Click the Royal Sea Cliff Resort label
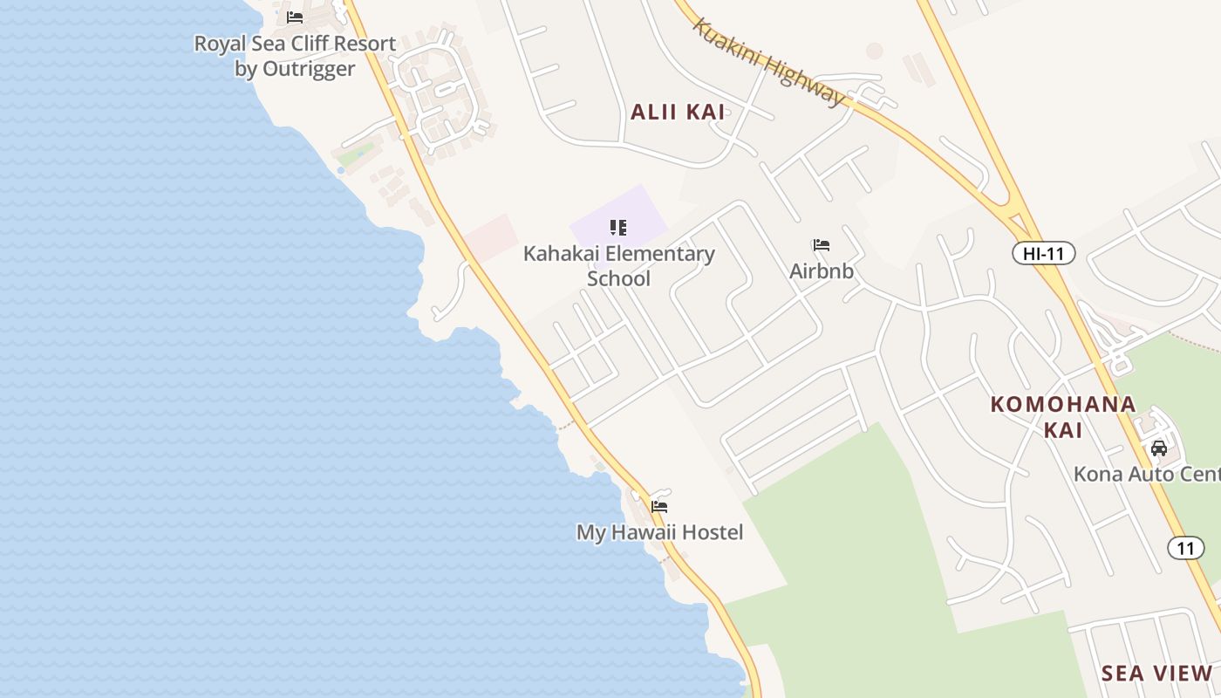tap(295, 44)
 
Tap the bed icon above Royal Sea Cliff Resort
tap(295, 17)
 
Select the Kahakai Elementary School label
tap(618, 266)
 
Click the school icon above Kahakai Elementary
tap(618, 229)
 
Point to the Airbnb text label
tap(821, 271)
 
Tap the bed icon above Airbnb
tap(821, 245)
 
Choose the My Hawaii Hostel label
tap(659, 532)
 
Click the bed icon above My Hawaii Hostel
tap(659, 506)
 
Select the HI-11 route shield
tap(1043, 254)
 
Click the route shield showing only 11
tap(1184, 548)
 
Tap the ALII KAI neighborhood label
tap(678, 112)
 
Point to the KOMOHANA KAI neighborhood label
tap(1062, 416)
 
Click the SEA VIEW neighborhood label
tap(1156, 674)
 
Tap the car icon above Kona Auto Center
tap(1158, 448)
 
